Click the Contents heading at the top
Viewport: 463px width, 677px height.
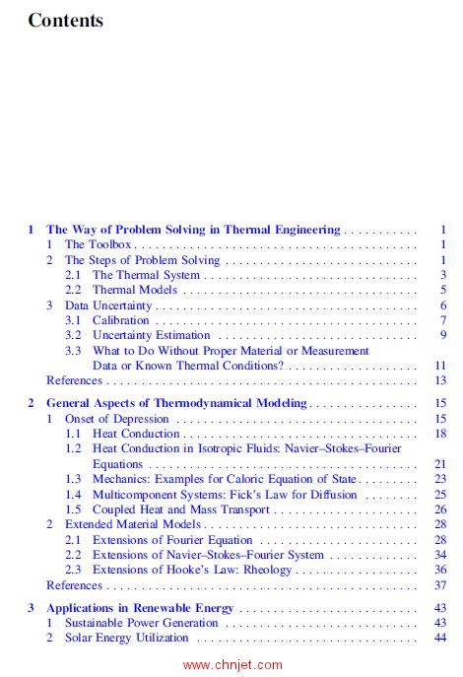(65, 20)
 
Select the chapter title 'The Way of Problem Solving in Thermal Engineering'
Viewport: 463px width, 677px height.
(193, 230)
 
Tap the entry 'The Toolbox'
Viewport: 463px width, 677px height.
(99, 244)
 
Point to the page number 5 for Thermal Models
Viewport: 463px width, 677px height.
(444, 290)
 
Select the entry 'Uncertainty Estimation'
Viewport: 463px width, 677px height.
(152, 335)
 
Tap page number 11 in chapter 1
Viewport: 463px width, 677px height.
(440, 365)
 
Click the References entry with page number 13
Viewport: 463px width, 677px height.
(74, 380)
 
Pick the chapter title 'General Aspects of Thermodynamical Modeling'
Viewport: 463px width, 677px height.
(177, 403)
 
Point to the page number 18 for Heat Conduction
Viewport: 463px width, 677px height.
(440, 434)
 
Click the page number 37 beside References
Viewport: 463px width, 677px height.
(440, 584)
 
